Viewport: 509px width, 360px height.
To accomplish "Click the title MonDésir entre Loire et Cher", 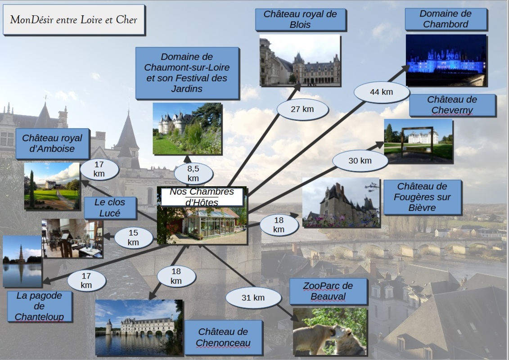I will click(74, 20).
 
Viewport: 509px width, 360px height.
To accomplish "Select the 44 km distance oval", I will click(381, 92).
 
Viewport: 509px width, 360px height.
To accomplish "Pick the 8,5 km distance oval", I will click(193, 174).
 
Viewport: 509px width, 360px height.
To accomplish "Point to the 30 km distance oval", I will click(360, 161).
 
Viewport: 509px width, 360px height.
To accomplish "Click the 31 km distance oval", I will click(253, 298).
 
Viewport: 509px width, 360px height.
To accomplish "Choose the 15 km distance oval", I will click(133, 238).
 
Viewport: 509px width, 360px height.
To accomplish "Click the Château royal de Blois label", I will click(300, 19).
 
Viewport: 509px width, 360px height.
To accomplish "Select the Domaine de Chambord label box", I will click(446, 19).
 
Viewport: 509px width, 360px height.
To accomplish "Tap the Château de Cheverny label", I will click(452, 105).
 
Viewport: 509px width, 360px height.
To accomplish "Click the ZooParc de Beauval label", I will click(328, 291).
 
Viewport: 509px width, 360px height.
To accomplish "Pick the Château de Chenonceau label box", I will click(223, 337).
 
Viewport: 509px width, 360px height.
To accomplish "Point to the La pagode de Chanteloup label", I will click(39, 306).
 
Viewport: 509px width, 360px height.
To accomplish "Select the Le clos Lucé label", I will click(110, 208).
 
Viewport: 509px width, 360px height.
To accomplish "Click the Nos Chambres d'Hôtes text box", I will click(202, 197).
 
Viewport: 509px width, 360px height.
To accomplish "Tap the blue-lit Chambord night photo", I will click(446, 60).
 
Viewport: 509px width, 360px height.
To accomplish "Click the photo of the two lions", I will click(330, 332).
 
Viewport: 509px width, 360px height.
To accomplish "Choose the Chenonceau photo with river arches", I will click(139, 327).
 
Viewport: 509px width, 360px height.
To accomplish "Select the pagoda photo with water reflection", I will click(22, 261).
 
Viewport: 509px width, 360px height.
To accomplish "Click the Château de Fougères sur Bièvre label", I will click(422, 197).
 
